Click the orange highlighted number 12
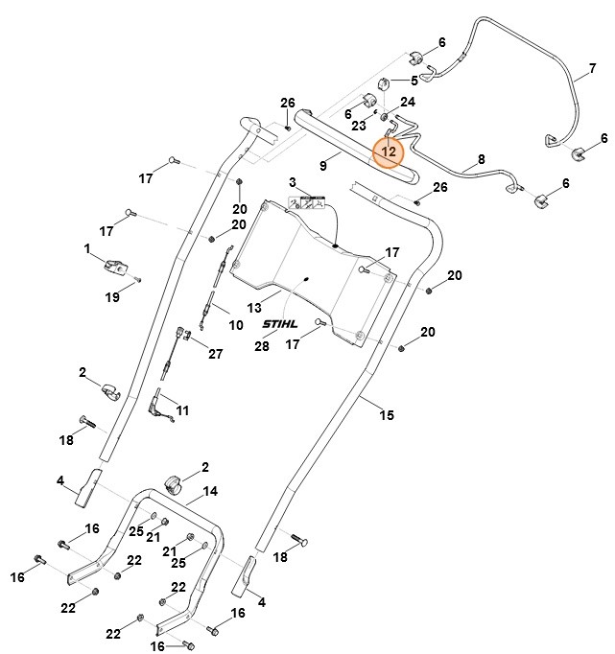tap(389, 152)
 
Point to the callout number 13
tap(254, 308)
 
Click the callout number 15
tap(387, 414)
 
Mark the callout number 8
tap(481, 158)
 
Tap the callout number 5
tap(414, 81)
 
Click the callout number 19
tap(112, 297)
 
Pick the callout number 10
tap(235, 325)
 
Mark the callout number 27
tap(215, 354)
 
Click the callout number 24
tap(408, 102)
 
